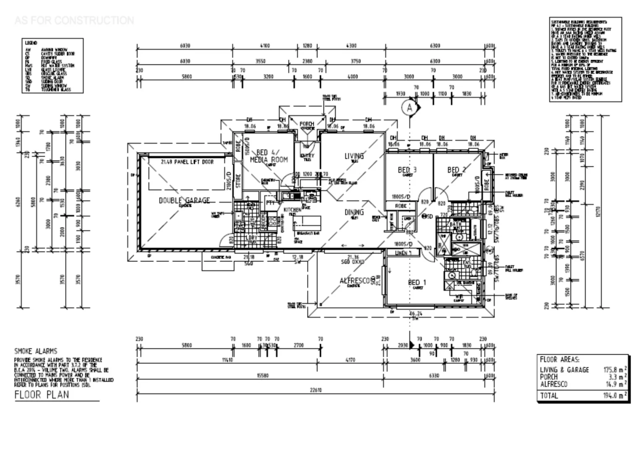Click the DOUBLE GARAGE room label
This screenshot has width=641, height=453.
coord(184,200)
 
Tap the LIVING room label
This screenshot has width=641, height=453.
coord(354,156)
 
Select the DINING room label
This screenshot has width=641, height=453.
coord(354,212)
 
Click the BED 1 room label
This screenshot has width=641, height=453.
coord(417,282)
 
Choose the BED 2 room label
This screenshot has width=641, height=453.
coord(457,170)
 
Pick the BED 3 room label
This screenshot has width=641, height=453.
coord(407,170)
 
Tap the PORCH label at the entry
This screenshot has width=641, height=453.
coord(307,124)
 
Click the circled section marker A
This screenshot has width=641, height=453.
coord(409,108)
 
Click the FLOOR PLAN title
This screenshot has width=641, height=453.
coord(42,395)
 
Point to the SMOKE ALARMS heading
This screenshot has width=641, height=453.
coord(36,351)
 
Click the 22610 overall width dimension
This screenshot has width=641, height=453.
coord(315,390)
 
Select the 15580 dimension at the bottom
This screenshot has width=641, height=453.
coord(262,376)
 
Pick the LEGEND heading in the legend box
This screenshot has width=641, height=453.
coord(31,43)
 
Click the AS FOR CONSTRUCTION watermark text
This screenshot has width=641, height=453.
coord(74,20)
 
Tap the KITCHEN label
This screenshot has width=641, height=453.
coord(292,210)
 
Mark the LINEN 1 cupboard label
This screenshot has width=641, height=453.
coord(403,253)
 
